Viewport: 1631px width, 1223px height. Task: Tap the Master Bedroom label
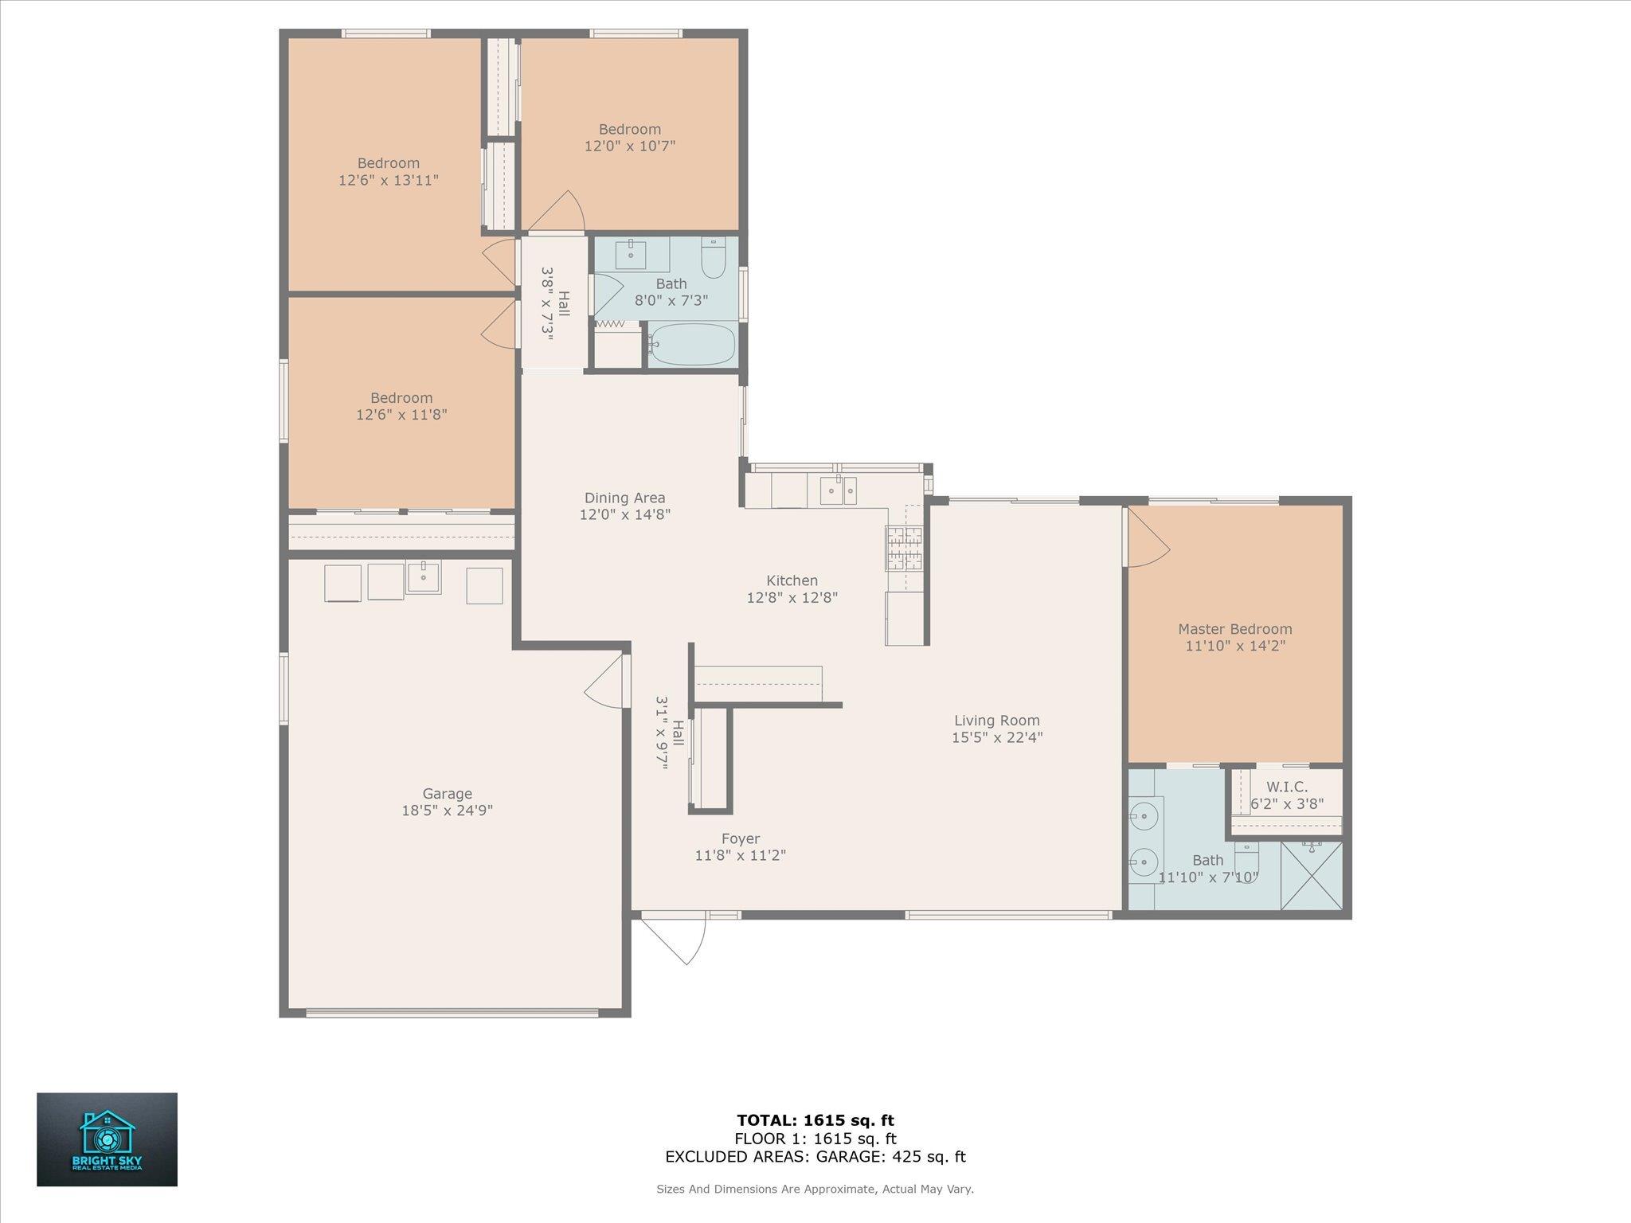(1234, 629)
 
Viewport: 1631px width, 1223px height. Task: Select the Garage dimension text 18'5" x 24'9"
(448, 811)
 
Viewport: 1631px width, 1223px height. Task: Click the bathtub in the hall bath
(691, 344)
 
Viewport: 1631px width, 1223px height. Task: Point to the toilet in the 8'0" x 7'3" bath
(713, 258)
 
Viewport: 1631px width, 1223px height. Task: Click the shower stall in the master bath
(1312, 876)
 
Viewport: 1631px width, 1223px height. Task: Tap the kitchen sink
(839, 490)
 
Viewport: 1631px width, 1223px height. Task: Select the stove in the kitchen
(904, 549)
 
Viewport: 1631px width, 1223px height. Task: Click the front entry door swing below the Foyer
(674, 940)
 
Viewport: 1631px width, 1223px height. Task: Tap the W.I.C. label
(1287, 787)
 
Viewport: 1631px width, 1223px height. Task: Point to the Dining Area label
(625, 498)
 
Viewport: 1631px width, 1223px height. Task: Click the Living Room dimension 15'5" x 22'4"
(997, 737)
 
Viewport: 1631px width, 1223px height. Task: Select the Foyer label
(741, 838)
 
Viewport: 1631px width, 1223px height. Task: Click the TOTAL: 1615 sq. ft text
(815, 1120)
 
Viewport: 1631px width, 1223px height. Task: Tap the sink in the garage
(424, 577)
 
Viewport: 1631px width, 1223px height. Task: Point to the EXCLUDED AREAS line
(815, 1157)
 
